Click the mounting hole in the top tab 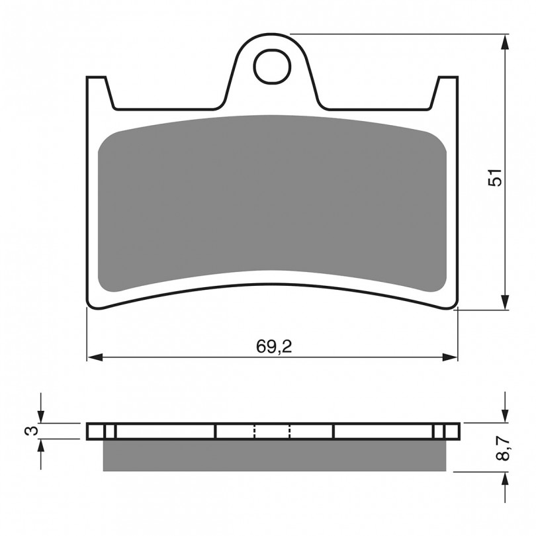272,66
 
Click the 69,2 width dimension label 274,347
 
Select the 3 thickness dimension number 32,431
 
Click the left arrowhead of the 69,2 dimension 95,357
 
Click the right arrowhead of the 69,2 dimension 449,357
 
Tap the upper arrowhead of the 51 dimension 505,42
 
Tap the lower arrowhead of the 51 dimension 505,302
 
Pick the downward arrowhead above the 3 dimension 40,416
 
